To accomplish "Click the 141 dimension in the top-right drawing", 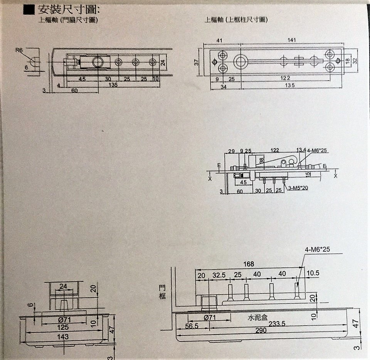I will pyautogui.click(x=292, y=40).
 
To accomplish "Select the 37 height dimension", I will pyautogui.click(x=197, y=62).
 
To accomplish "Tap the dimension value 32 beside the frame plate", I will pyautogui.click(x=355, y=61).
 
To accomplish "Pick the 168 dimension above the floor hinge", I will pyautogui.click(x=249, y=264).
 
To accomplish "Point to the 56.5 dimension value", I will pyautogui.click(x=192, y=326).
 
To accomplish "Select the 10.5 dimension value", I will pyautogui.click(x=313, y=273).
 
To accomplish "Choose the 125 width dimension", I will pyautogui.click(x=64, y=327).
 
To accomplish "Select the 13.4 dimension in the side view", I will pyautogui.click(x=301, y=150).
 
